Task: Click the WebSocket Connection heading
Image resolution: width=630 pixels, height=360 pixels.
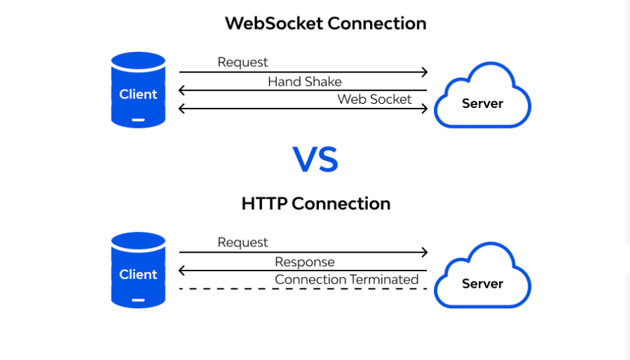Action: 325,23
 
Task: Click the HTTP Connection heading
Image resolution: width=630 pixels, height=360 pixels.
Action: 316,204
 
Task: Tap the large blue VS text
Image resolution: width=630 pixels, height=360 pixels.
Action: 315,160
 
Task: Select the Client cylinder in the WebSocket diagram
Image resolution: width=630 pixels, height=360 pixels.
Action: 139,90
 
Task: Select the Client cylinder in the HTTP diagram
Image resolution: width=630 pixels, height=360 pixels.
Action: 139,271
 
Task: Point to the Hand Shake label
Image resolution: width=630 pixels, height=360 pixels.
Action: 305,82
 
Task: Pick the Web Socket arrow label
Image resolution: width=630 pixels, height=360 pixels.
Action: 374,99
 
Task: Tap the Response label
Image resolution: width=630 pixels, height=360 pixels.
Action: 305,262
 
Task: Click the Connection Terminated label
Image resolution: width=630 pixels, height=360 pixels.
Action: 347,280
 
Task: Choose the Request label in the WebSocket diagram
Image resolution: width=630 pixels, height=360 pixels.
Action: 243,62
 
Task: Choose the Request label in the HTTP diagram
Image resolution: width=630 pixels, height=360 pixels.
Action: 243,243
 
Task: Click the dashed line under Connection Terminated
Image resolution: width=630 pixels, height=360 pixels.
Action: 303,289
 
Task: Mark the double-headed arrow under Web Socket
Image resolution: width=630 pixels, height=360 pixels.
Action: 303,109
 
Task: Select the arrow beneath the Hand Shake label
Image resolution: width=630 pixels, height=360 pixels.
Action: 303,90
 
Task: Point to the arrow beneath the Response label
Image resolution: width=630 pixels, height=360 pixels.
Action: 303,271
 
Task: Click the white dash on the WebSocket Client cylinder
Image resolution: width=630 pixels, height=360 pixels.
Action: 139,120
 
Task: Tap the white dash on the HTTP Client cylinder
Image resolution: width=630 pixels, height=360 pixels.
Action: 139,300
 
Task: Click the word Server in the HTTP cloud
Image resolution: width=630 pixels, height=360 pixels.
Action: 482,284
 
